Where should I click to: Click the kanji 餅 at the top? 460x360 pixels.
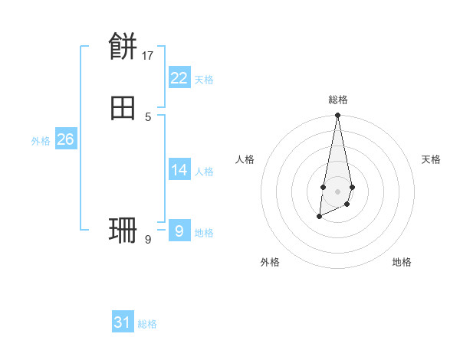point(123,47)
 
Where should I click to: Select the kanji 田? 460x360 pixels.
point(123,109)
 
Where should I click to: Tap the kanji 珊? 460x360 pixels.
point(123,231)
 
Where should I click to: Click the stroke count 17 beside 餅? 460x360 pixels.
point(148,55)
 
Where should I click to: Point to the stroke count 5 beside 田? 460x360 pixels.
point(148,116)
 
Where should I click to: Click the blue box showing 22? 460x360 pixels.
point(179,78)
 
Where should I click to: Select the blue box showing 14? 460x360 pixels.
point(179,170)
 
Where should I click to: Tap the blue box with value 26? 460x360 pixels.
point(65,139)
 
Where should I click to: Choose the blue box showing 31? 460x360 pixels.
point(123,322)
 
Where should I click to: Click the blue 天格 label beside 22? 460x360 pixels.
point(204,80)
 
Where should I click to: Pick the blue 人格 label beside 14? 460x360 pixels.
point(204,172)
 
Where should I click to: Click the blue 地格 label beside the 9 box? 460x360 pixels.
point(204,233)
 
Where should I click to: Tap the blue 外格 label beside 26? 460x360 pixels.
point(41,141)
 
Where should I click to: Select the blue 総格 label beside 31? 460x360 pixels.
point(147,324)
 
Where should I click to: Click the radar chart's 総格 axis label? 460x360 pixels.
point(338,100)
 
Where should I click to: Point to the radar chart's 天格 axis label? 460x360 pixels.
point(431,159)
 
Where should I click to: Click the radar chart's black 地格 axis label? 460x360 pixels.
point(402,262)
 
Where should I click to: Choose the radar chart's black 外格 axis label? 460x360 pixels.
point(270,262)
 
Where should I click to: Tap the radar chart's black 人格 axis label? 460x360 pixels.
point(245,159)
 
